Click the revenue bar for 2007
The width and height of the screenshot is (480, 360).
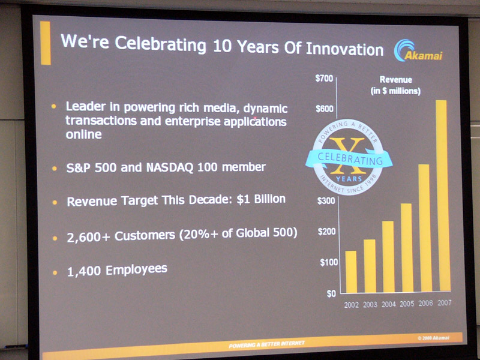pos(443,196)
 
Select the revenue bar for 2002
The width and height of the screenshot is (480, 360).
pos(351,272)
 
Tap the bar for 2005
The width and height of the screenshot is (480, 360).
pos(407,248)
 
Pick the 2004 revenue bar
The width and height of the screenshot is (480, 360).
pos(388,257)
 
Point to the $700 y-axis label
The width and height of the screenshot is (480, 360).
pos(324,79)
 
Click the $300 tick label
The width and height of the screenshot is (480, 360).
pos(326,201)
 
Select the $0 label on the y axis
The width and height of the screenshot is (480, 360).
pos(331,294)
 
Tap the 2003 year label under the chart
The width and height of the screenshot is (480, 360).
pos(370,305)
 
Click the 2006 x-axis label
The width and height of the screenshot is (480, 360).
pos(426,303)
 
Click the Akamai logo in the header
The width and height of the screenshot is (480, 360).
pos(418,51)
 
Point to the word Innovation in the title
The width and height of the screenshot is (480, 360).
pos(344,49)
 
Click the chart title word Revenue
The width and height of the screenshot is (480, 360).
pos(396,80)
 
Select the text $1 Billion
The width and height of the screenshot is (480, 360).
pos(261,199)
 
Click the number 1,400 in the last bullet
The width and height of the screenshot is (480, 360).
pos(84,271)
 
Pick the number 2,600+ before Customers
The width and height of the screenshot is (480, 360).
pos(88,237)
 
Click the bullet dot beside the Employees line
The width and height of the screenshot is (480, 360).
pos(55,272)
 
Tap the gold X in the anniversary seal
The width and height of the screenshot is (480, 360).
pos(349,156)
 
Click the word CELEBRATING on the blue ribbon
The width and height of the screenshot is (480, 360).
pos(350,158)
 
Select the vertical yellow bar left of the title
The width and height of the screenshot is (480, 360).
pos(46,43)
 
